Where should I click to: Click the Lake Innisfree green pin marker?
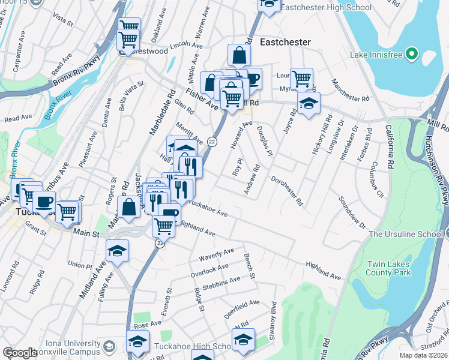pos(412,55)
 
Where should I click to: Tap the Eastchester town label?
pos(285,42)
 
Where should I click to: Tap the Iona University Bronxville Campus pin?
pos(109,346)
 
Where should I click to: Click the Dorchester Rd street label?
pos(286,190)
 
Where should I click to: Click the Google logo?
pos(20,353)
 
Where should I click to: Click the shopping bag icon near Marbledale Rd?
pos(129,207)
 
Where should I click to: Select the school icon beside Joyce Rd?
pos(309,104)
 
